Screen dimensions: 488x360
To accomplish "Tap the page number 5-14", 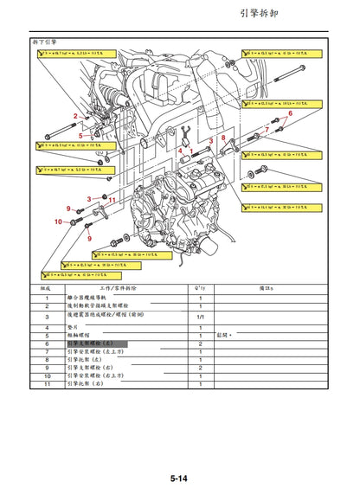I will coord(179,478).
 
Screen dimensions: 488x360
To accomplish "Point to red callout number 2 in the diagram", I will coord(75,116).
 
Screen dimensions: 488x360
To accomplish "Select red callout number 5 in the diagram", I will coord(80,136).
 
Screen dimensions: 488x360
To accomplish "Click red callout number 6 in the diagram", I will coord(290,113).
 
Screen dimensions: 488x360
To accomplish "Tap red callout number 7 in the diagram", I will coord(267,130).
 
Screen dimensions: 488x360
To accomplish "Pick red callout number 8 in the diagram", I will coord(222,138).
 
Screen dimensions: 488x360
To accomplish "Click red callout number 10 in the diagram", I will coord(60,222).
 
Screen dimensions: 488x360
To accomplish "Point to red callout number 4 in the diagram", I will coord(181,151).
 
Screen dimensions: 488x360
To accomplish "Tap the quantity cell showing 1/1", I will coord(200,318).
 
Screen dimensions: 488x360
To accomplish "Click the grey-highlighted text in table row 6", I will coord(96,344).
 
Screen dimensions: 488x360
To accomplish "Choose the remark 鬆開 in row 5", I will coord(223,336).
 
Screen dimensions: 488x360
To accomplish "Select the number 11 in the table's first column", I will coord(46,383).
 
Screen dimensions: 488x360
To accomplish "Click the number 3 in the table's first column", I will coord(46,318).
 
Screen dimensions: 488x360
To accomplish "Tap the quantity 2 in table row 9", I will coord(200,368).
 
